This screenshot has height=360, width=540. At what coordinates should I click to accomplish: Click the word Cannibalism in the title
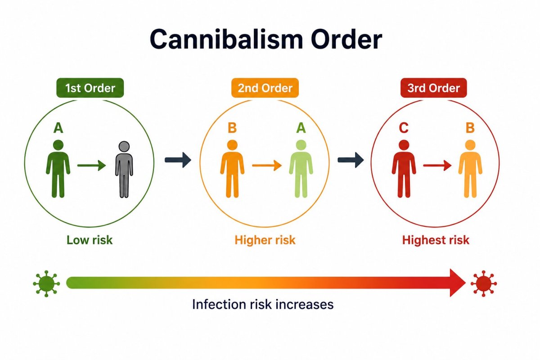pyautogui.click(x=226, y=39)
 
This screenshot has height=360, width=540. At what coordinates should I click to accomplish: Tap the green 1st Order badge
pyautogui.click(x=90, y=88)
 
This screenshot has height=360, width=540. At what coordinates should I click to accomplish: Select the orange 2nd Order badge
pyautogui.click(x=265, y=88)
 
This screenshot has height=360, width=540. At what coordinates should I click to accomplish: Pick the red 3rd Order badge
pyautogui.click(x=433, y=88)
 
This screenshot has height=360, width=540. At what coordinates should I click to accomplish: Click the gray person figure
pyautogui.click(x=124, y=170)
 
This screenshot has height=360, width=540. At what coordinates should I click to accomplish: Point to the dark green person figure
pyautogui.click(x=58, y=169)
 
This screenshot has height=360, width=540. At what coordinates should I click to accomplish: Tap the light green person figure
pyautogui.click(x=301, y=169)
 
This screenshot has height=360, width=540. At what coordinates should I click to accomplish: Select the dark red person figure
pyautogui.click(x=404, y=169)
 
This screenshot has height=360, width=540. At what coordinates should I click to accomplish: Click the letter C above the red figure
pyautogui.click(x=404, y=128)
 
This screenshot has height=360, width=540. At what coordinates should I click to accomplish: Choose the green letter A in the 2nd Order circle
pyautogui.click(x=301, y=128)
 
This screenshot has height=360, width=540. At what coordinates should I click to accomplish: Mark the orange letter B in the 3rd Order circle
pyautogui.click(x=470, y=128)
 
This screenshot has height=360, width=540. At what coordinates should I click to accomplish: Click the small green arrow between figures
pyautogui.click(x=92, y=166)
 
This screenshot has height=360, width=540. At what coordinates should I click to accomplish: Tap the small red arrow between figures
pyautogui.click(x=437, y=166)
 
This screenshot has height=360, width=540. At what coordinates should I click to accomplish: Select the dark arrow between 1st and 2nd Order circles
pyautogui.click(x=178, y=160)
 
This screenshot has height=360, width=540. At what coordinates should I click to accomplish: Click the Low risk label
pyautogui.click(x=90, y=240)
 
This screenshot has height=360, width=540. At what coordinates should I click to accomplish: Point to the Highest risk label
pyautogui.click(x=436, y=240)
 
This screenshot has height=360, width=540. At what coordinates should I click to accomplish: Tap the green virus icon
pyautogui.click(x=46, y=283)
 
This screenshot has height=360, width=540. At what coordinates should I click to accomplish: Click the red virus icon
pyautogui.click(x=484, y=283)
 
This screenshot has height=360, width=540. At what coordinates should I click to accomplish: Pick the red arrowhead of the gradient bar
pyautogui.click(x=458, y=283)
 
